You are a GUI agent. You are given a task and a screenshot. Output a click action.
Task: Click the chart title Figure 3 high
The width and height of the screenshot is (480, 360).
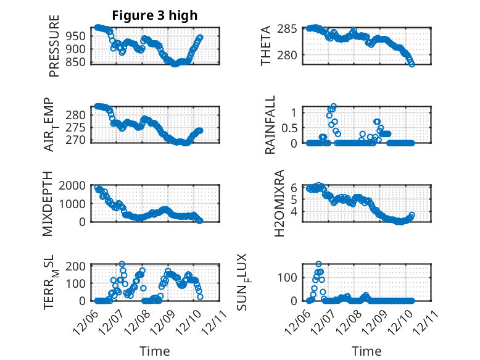click(154, 15)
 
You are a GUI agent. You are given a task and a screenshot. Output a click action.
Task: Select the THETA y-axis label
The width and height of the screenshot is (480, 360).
click(266, 46)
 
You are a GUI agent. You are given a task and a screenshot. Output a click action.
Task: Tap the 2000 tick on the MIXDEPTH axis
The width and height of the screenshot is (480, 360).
click(73, 185)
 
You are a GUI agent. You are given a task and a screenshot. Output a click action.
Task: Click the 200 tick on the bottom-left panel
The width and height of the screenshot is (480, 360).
click(76, 266)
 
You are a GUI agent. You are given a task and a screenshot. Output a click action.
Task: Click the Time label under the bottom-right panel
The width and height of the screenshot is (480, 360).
click(366, 351)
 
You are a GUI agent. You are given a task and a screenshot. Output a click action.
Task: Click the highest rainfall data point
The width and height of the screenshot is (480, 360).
click(334, 106)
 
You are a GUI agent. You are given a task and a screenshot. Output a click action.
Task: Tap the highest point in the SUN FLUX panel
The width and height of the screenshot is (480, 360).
click(318, 264)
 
